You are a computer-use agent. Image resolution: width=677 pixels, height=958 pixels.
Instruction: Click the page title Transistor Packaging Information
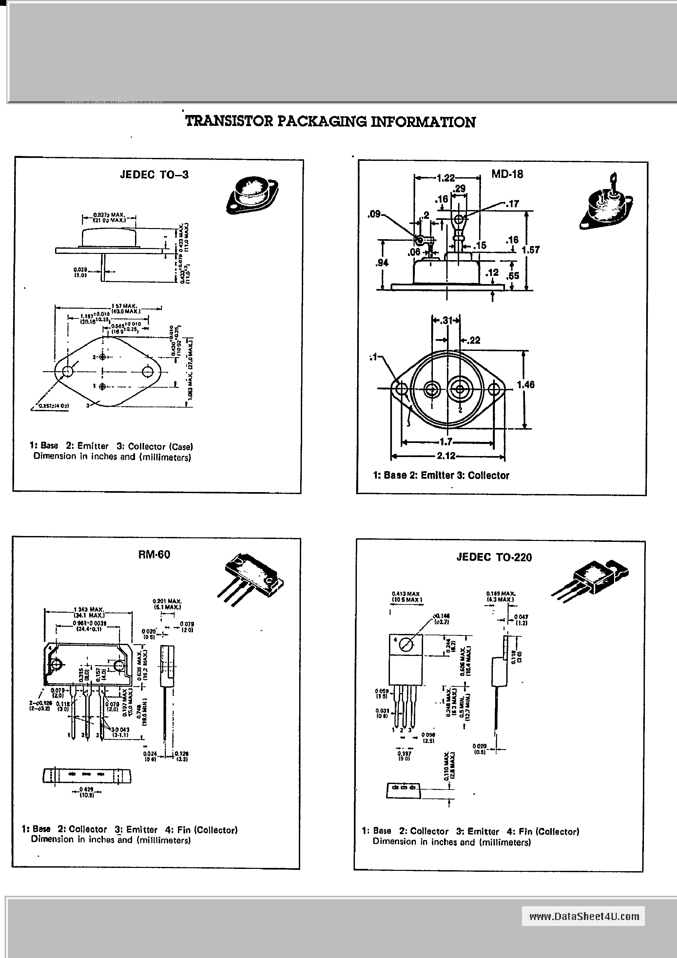(330, 122)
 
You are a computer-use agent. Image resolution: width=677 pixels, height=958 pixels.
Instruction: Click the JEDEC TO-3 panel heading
(154, 174)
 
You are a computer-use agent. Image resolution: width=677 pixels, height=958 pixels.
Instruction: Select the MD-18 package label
(507, 174)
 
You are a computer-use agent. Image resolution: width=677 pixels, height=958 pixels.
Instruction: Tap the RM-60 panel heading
(154, 555)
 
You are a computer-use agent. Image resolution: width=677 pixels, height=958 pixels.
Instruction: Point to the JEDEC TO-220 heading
(494, 557)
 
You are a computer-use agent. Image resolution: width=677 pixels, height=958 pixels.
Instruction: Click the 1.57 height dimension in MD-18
(531, 250)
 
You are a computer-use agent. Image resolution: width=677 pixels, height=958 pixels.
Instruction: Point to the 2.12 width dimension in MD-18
(446, 456)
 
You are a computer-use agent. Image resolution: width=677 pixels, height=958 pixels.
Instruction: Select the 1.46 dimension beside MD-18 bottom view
(526, 384)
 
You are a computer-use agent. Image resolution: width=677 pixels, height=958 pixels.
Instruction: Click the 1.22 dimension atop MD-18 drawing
(445, 178)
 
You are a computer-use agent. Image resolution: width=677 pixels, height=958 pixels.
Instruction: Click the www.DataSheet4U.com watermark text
(584, 916)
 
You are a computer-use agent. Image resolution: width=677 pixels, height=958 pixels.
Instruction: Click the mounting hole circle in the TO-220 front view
(406, 645)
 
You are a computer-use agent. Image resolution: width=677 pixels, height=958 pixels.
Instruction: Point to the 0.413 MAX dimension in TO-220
(405, 593)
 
